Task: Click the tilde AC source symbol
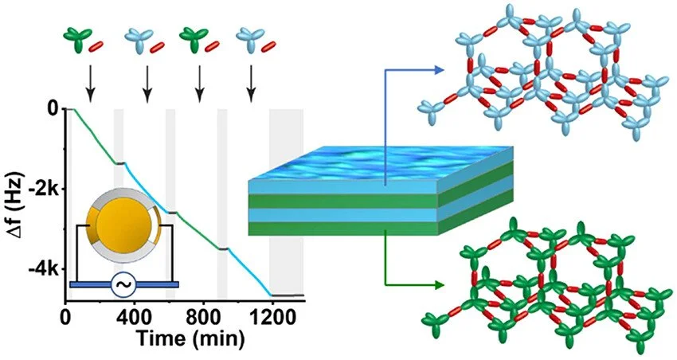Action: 123,284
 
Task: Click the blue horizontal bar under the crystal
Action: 123,284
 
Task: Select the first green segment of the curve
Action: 92,135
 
